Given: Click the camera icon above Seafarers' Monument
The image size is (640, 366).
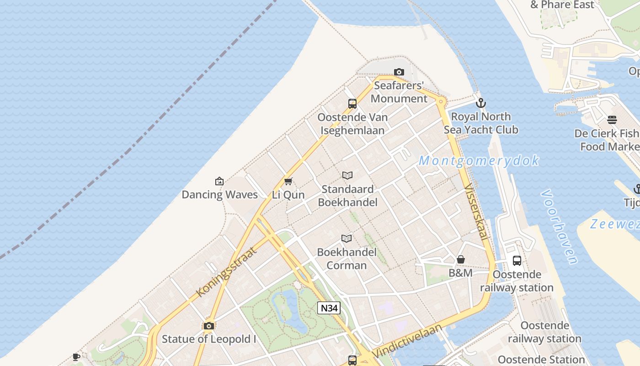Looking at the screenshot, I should click(x=399, y=72).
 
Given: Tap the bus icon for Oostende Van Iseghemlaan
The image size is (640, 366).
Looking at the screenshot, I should click(x=352, y=103).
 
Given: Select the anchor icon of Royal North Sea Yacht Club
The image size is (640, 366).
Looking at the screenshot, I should click(x=480, y=103).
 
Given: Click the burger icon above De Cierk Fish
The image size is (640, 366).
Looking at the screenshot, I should click(x=612, y=120).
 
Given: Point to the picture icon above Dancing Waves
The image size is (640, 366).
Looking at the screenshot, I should click(x=219, y=181).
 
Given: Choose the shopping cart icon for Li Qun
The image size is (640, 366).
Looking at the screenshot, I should click(x=288, y=181).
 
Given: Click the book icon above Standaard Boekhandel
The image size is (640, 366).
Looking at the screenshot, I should click(x=347, y=175).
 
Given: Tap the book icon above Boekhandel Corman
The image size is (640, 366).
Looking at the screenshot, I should click(x=347, y=238).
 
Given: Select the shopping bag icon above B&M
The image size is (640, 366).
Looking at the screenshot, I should click(x=461, y=259).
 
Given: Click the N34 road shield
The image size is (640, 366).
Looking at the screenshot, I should click(x=329, y=308).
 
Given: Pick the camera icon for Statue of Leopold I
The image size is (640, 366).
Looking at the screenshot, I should click(x=209, y=326).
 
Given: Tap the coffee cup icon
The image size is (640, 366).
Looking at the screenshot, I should click(x=76, y=357).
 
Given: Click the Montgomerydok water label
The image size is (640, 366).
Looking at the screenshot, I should click(x=479, y=161).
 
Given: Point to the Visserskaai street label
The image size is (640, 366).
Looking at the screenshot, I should click(x=475, y=212).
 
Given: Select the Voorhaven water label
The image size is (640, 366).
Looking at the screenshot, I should click(x=559, y=227).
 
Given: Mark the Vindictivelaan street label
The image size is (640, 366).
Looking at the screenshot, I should click(x=408, y=341).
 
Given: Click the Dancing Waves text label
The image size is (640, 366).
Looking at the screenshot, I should click(x=219, y=194).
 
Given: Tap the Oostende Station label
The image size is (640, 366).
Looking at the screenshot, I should click(x=541, y=360).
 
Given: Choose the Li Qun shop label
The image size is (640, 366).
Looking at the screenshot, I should click(x=288, y=194).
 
